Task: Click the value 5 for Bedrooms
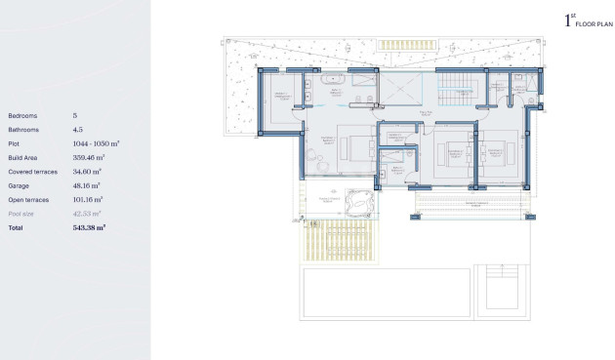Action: click(75, 115)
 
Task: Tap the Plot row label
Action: click(15, 143)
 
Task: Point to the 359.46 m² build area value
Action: click(90, 157)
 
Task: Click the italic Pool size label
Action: click(20, 212)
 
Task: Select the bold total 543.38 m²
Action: click(90, 226)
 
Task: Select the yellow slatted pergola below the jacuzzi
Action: click(315, 238)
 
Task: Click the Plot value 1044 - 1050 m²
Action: click(96, 143)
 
